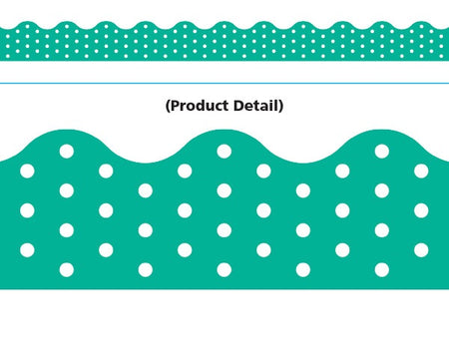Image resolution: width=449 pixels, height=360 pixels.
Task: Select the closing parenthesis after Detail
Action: (x=281, y=105)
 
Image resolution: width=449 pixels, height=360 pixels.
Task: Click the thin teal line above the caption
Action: (x=224, y=84)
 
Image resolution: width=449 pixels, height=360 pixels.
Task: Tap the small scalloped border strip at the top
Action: (x=224, y=40)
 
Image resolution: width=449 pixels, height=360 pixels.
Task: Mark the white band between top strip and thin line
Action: (x=224, y=72)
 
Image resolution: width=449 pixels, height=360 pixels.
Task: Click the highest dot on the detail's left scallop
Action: (x=66, y=151)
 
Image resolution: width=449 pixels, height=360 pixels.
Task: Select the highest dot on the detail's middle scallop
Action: (x=224, y=151)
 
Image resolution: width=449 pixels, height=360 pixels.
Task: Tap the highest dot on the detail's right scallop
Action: (x=382, y=151)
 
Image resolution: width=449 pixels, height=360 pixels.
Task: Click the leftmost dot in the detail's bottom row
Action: (x=66, y=269)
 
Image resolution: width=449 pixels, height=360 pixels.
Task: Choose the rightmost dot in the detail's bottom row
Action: (x=382, y=269)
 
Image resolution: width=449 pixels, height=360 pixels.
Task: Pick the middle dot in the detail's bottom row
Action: (x=224, y=269)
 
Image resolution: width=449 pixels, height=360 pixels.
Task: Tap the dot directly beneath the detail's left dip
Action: (x=145, y=189)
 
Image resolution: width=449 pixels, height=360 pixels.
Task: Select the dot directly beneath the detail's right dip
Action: (x=303, y=189)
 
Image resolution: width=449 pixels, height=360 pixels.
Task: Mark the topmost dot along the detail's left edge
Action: (x=27, y=171)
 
